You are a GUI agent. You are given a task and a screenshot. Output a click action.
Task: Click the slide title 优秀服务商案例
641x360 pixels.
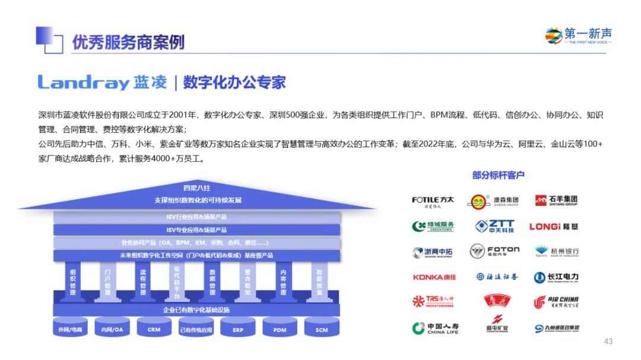coord(128,42)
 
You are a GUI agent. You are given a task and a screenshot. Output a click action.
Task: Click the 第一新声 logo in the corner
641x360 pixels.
coord(578,36)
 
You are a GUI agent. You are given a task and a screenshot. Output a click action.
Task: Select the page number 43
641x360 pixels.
coord(608,341)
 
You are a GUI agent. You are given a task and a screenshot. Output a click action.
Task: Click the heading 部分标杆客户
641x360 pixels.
coord(498,175)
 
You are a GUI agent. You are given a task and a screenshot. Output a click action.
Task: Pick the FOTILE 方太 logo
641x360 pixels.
coord(433,202)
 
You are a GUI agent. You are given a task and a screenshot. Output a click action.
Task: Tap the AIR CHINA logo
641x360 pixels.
coord(556,302)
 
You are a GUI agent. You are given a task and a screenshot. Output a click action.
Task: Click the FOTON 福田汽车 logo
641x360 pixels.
coord(494,251)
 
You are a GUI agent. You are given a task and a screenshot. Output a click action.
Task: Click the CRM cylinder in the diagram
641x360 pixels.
coord(154,329)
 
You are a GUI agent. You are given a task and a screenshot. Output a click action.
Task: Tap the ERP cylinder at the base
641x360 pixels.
coord(237,329)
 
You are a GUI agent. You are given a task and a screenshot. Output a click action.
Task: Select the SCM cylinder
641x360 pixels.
coord(321,329)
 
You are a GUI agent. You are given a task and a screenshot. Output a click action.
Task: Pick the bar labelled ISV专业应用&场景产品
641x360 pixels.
coord(196,230)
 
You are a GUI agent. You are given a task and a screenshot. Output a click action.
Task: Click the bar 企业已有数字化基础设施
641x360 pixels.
coord(196,310)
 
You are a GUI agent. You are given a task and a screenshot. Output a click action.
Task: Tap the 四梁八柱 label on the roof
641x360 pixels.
coord(196,188)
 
